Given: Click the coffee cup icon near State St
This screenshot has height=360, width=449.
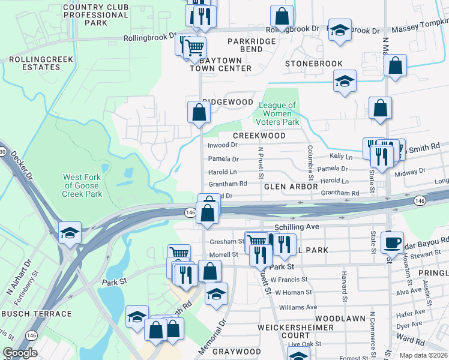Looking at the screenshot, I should click(x=392, y=242).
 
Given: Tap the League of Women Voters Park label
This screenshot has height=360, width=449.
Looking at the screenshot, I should click(x=277, y=113).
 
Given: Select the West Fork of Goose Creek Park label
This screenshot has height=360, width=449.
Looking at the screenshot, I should click(x=83, y=185).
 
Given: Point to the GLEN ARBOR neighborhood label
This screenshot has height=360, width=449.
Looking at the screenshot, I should click(x=290, y=187).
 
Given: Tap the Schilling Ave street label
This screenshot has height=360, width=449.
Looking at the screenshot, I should click(x=295, y=228).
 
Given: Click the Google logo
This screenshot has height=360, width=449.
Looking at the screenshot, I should click(x=20, y=353).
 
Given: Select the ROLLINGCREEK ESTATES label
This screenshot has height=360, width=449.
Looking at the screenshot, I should click(x=34, y=64).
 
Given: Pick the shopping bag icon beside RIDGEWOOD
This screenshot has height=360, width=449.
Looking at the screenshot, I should click(x=199, y=112).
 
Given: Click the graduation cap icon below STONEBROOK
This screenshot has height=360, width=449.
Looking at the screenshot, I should click(x=345, y=82).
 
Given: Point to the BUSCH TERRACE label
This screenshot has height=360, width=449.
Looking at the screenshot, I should click(x=36, y=314).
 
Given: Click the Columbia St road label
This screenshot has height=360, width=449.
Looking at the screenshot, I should click(x=310, y=163).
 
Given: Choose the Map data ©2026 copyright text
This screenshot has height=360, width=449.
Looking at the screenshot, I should click(x=423, y=355).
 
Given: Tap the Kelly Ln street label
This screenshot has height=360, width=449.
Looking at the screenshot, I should click(x=340, y=156).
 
